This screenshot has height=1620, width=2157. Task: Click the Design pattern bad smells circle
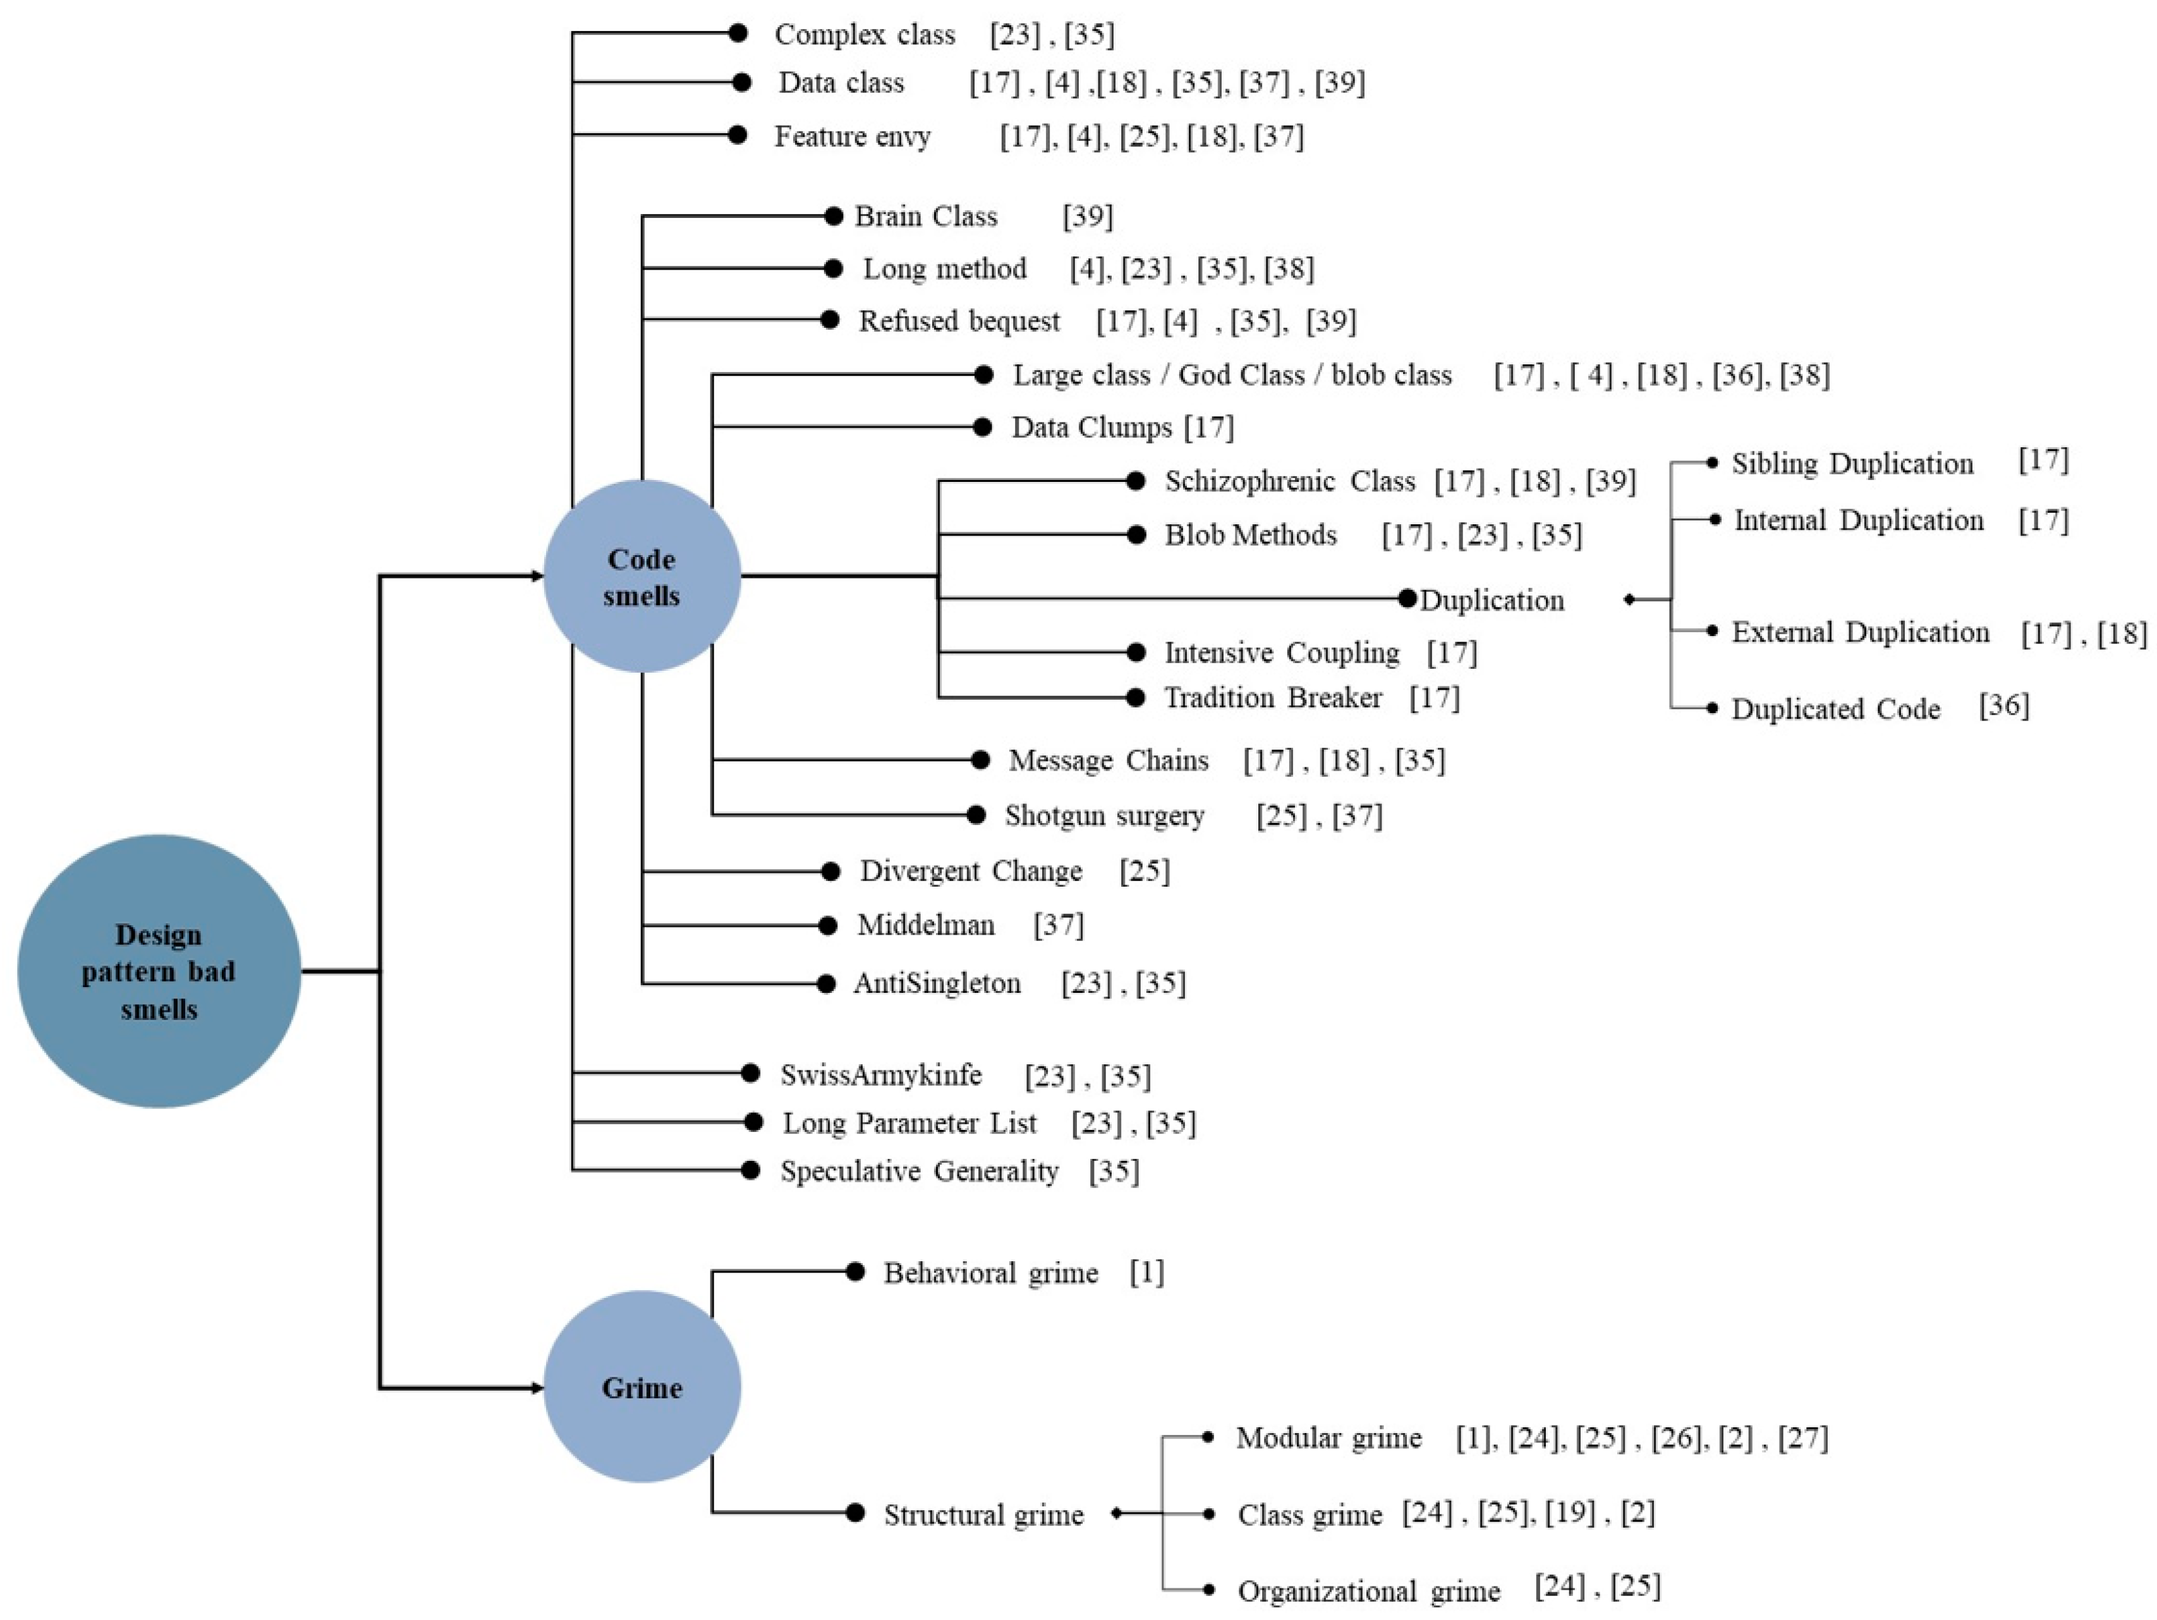pos(159,971)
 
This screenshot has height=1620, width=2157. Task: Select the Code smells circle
pos(641,576)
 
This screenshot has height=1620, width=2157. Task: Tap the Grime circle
pos(641,1387)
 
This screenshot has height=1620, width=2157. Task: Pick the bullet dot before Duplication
pos(1406,599)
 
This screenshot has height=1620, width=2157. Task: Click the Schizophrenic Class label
pos(1289,481)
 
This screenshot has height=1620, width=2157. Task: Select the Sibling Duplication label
pos(1852,464)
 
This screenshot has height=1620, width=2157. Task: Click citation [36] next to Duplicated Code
pos(2003,705)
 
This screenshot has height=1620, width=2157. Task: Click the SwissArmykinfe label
pos(880,1075)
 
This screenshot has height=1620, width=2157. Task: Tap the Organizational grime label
pos(1368,1592)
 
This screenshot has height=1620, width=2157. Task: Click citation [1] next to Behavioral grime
pos(1147,1272)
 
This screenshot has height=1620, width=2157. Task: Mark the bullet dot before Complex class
pos(738,33)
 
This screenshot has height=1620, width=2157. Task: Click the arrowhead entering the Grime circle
pos(537,1387)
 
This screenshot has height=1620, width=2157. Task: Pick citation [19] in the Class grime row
pos(1570,1513)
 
